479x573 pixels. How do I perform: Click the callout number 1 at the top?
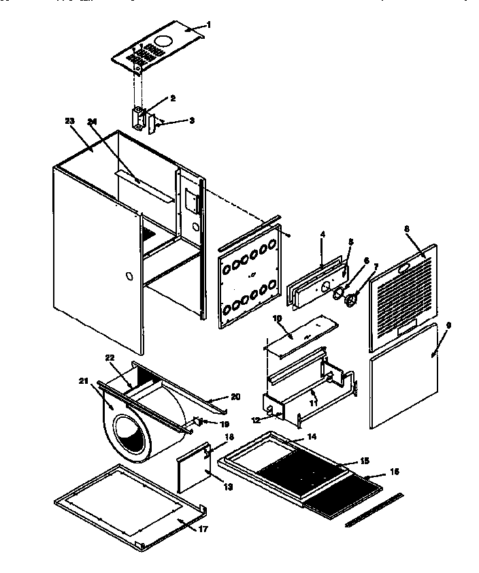click(209, 24)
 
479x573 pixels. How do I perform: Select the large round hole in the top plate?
click(163, 40)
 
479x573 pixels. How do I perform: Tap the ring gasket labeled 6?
click(337, 293)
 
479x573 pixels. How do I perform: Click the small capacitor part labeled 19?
click(199, 422)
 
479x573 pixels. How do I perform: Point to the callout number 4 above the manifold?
click(323, 234)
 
